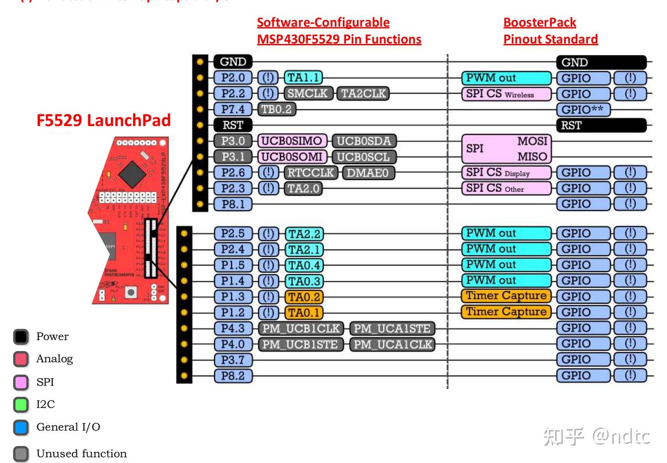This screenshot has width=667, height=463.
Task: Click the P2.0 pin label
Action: (x=233, y=78)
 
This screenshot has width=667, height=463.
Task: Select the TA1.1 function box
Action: (x=303, y=78)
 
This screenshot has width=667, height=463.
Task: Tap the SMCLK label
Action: (x=307, y=94)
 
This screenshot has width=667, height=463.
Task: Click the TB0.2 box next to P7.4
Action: (x=277, y=109)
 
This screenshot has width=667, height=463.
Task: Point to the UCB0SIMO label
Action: (x=292, y=141)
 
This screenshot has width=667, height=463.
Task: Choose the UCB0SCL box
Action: (x=363, y=157)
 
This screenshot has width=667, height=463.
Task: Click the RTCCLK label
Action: (x=310, y=173)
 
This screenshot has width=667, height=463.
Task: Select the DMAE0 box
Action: (x=368, y=173)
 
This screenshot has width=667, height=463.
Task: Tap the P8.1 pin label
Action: (x=233, y=204)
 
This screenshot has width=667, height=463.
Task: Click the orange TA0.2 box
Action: (x=304, y=297)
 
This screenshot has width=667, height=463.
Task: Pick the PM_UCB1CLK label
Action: (x=301, y=329)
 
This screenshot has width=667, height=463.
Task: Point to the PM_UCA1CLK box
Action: (x=392, y=344)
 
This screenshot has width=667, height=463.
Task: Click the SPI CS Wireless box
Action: (x=506, y=94)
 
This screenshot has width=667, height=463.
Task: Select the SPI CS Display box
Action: (x=506, y=173)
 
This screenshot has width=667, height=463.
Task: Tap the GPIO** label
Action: (x=583, y=110)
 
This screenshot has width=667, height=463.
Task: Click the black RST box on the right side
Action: (x=601, y=125)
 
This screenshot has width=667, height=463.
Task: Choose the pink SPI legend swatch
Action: (x=21, y=382)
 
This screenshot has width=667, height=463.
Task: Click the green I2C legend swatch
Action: (x=21, y=405)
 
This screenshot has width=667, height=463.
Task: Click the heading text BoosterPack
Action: (x=540, y=22)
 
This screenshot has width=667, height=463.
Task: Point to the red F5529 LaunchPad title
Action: (x=103, y=121)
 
